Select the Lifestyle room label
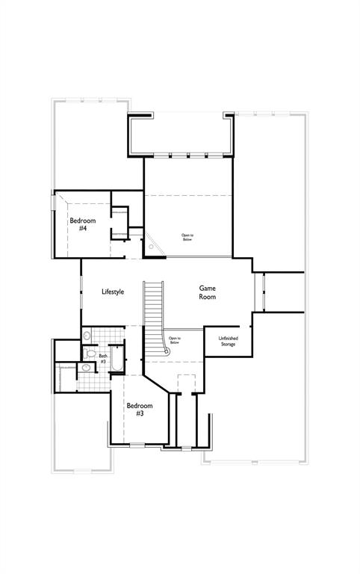tap(113, 291)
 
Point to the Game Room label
tap(208, 292)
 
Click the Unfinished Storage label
tap(229, 342)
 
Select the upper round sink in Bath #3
tap(87, 336)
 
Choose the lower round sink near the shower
tap(86, 368)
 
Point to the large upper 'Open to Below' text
tap(187, 238)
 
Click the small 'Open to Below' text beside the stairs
tap(175, 341)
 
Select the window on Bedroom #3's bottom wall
tap(137, 445)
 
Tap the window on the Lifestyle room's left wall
tap(81, 292)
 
